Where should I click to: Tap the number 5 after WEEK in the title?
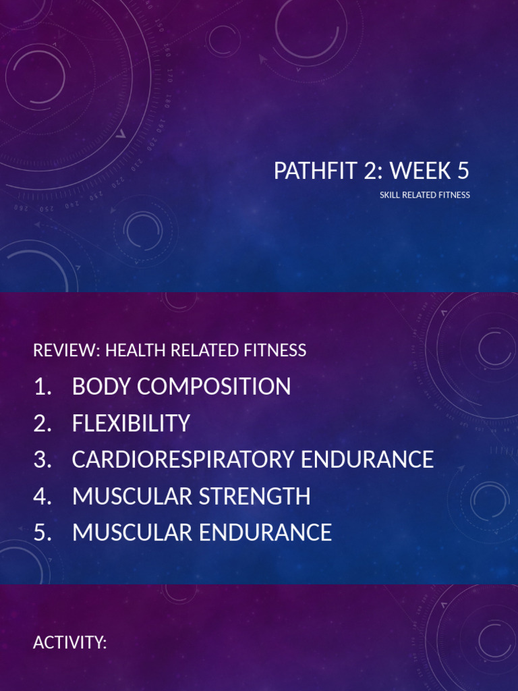pyautogui.click(x=463, y=171)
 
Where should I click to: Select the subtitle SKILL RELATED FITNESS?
pyautogui.click(x=424, y=196)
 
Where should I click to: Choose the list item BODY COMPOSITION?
pyautogui.click(x=181, y=387)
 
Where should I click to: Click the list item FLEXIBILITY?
pyautogui.click(x=131, y=423)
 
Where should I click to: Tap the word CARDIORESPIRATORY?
pyautogui.click(x=183, y=460)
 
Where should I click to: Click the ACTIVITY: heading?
pyautogui.click(x=70, y=643)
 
